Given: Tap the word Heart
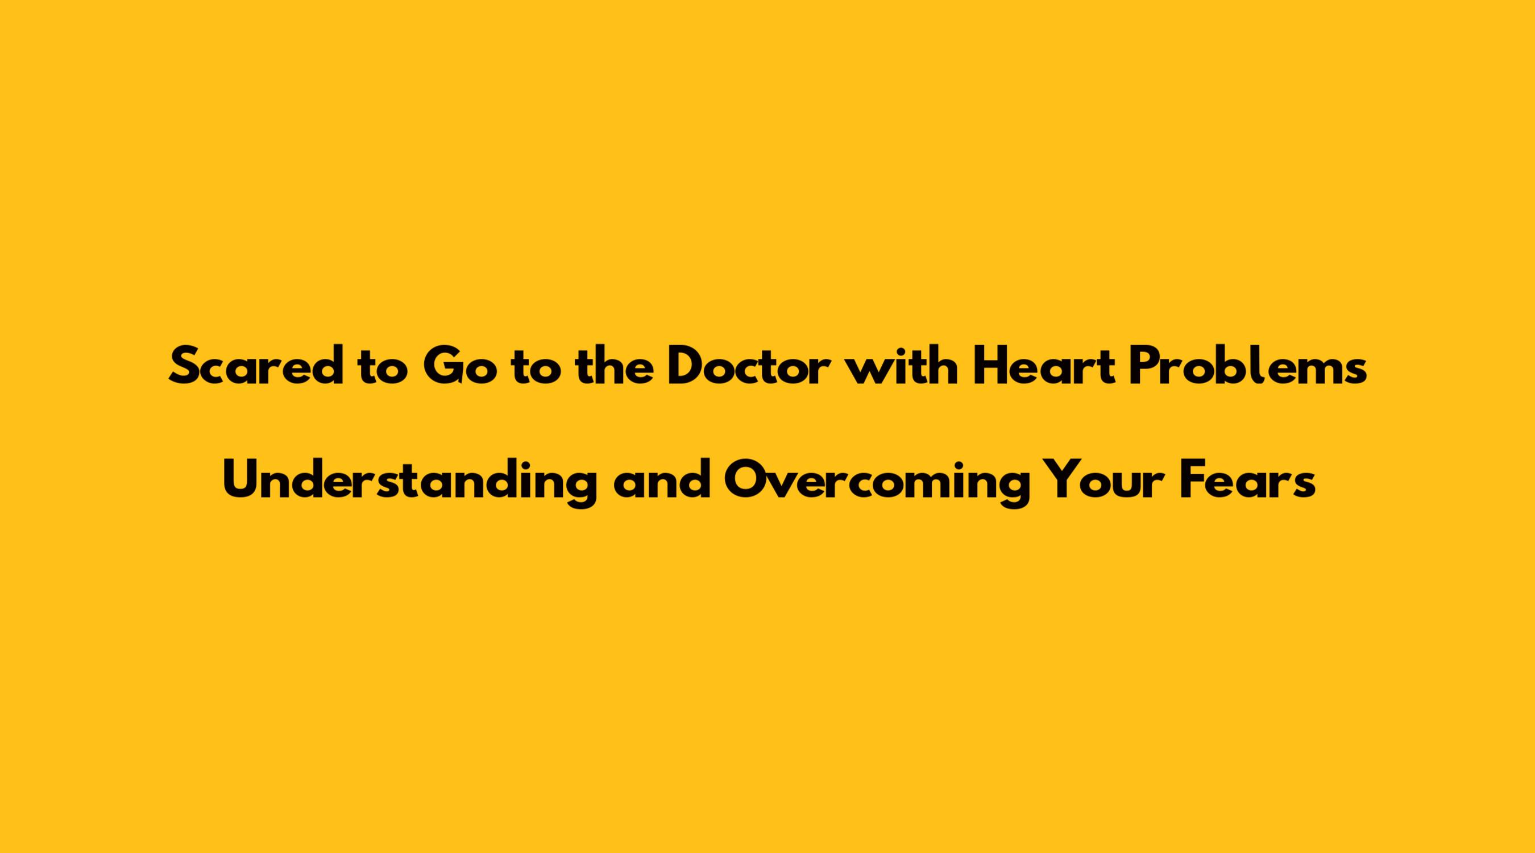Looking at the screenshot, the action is click(x=1044, y=365).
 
